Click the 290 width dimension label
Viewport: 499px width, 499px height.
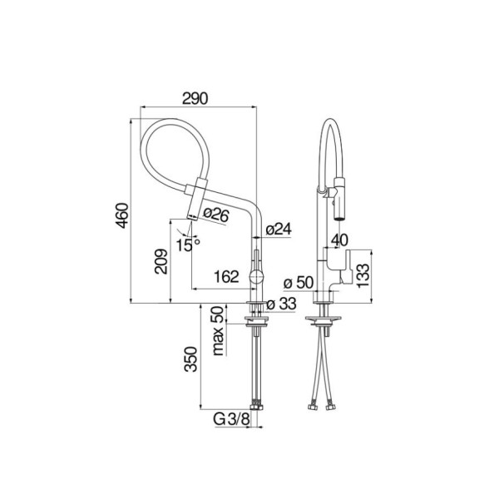195,98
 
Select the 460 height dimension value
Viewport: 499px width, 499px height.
122,215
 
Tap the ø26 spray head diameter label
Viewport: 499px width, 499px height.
215,215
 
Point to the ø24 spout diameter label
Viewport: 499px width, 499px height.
279,229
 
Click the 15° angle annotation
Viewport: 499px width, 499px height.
188,245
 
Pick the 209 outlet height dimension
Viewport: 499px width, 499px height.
161,261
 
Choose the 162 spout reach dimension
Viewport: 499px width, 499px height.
226,277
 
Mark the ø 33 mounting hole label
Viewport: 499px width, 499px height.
281,304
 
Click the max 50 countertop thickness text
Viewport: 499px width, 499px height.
218,331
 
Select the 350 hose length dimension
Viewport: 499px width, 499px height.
191,359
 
